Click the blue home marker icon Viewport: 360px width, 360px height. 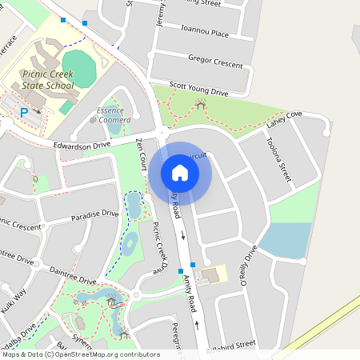[x=179, y=172]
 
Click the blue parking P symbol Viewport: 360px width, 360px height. [x=24, y=113]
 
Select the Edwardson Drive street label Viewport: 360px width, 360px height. [x=81, y=146]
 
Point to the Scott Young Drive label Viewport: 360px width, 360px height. [x=199, y=89]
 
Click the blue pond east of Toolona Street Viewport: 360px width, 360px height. [x=285, y=240]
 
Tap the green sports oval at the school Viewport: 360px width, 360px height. [x=78, y=66]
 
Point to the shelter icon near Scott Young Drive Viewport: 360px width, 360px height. [x=200, y=105]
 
